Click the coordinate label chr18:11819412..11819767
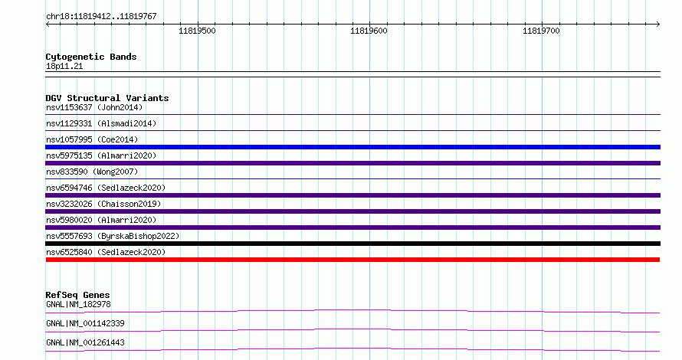pyautogui.click(x=101, y=17)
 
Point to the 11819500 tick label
pyautogui.click(x=197, y=31)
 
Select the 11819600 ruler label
pyautogui.click(x=369, y=31)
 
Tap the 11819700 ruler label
pyautogui.click(x=541, y=31)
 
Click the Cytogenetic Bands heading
pyautogui.click(x=91, y=57)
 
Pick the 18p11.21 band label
pyautogui.click(x=64, y=66)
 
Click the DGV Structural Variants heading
pyautogui.click(x=107, y=98)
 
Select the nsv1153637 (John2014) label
pyautogui.click(x=94, y=107)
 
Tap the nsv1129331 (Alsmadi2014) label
pyautogui.click(x=101, y=123)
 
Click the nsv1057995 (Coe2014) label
pyautogui.click(x=92, y=139)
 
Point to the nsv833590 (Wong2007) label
pyautogui.click(x=92, y=172)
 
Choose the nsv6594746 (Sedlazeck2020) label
pyautogui.click(x=106, y=188)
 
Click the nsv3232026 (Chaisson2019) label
pyautogui.click(x=103, y=204)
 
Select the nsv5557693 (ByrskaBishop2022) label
pyautogui.click(x=113, y=236)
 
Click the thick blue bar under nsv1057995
pyautogui.click(x=352, y=147)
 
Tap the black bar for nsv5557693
pyautogui.click(x=352, y=244)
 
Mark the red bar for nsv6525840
pyautogui.click(x=352, y=260)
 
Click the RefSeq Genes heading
pyautogui.click(x=77, y=295)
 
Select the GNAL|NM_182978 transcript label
pyautogui.click(x=78, y=304)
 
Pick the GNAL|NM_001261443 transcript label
pyautogui.click(x=85, y=342)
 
